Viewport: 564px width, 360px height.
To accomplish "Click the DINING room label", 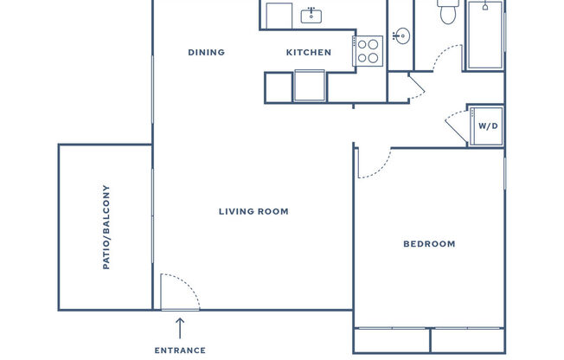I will [x=206, y=52].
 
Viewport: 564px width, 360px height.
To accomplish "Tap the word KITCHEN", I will [x=309, y=52].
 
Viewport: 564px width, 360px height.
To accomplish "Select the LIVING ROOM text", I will [x=253, y=211].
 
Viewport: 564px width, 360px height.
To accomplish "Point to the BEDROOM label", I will [x=429, y=244].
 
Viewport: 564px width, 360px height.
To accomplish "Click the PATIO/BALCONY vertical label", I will [x=106, y=227].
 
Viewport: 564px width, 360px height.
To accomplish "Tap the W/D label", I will [x=489, y=126].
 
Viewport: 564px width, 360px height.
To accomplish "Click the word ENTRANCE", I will [x=180, y=350].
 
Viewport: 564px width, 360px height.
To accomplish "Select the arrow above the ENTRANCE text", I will [x=180, y=327].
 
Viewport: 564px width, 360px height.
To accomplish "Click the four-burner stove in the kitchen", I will [x=369, y=50].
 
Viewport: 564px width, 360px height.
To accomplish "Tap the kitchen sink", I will [x=311, y=15].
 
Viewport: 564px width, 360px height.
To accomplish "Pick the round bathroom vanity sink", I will [x=400, y=36].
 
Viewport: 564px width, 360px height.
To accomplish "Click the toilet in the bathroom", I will [x=448, y=13].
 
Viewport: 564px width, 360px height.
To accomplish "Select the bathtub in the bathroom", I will [x=485, y=35].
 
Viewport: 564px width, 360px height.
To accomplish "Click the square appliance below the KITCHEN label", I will [x=309, y=86].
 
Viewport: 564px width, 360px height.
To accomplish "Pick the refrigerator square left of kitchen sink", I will [x=279, y=15].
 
